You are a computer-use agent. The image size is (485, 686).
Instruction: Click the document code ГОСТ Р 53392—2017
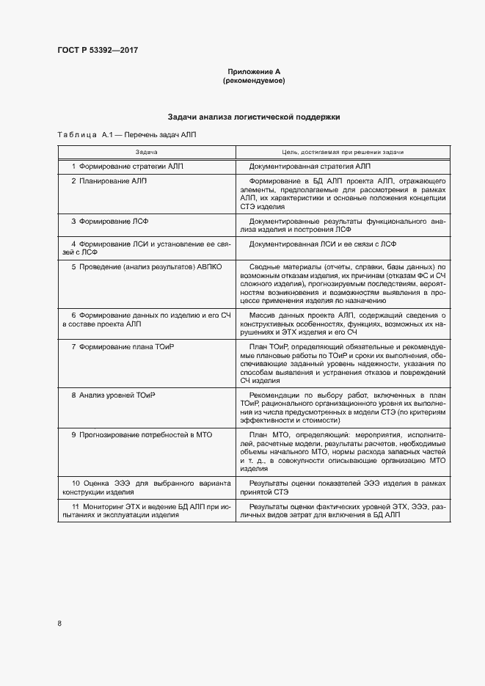click(x=98, y=50)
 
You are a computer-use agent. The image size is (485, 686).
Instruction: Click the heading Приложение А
click(x=253, y=72)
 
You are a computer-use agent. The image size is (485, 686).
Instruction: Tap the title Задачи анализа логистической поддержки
click(x=253, y=117)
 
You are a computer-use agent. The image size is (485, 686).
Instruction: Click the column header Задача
click(x=146, y=151)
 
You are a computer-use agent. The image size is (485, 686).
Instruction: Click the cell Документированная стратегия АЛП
click(x=310, y=167)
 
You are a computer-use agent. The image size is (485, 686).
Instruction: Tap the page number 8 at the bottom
click(x=59, y=623)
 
